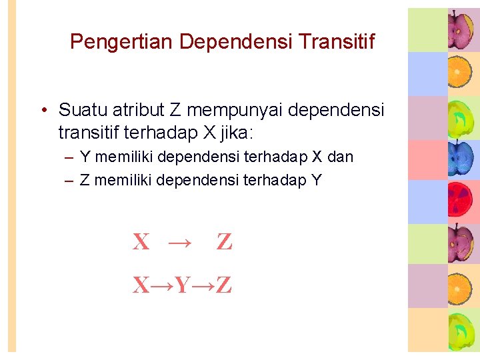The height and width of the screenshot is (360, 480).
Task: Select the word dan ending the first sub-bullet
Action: click(340, 157)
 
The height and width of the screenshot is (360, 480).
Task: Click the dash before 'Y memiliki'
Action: click(69, 158)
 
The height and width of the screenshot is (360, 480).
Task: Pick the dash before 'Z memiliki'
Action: click(69, 180)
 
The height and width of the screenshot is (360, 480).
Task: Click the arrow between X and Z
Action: click(179, 242)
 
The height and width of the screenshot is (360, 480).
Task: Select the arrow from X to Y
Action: click(162, 286)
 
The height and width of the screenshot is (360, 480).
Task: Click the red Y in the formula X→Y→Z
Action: click(182, 286)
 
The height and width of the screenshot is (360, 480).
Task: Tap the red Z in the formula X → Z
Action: click(224, 242)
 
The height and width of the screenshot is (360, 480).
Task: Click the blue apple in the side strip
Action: click(459, 157)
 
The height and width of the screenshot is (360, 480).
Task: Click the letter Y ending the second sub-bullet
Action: click(316, 180)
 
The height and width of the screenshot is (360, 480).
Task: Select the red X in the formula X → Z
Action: click(141, 242)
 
